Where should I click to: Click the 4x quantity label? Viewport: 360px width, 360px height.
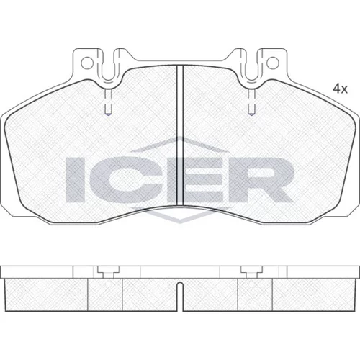pyautogui.click(x=340, y=89)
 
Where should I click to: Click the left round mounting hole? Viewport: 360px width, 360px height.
pyautogui.click(x=87, y=63)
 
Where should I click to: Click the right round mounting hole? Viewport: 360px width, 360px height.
pyautogui.click(x=273, y=63)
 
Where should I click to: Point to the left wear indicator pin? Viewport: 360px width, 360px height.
pyautogui.click(x=108, y=102)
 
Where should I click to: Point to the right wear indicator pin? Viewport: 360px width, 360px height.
pyautogui.click(x=251, y=102)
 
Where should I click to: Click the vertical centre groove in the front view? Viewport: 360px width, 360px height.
pyautogui.click(x=180, y=135)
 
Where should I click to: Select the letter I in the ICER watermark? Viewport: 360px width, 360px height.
pyautogui.click(x=75, y=179)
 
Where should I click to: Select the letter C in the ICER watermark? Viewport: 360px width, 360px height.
pyautogui.click(x=120, y=179)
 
